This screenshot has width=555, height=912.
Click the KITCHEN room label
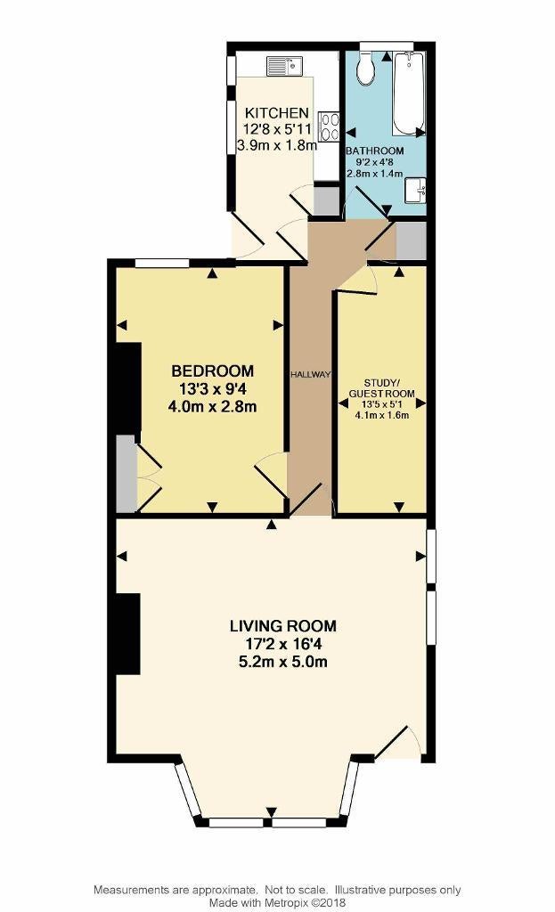tap(276, 112)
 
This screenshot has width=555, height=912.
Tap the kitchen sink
tap(284, 66)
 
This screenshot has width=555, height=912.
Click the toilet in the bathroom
tap(366, 67)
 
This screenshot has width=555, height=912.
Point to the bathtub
tap(409, 93)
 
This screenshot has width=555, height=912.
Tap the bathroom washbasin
tap(416, 191)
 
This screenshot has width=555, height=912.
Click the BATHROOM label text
tap(375, 151)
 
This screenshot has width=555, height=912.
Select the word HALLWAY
tap(311, 375)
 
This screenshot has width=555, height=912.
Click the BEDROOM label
tap(212, 370)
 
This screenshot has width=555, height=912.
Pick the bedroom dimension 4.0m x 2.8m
tap(212, 406)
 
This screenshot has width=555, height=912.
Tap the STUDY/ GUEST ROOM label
tap(381, 388)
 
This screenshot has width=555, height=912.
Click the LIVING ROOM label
tap(283, 626)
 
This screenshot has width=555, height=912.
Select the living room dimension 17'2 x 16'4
tap(283, 644)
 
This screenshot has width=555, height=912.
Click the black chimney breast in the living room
tap(128, 633)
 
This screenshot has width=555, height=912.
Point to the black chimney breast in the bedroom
tap(128, 390)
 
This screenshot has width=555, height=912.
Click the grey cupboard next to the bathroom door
tap(412, 240)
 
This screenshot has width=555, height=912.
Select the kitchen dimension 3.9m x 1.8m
tap(277, 145)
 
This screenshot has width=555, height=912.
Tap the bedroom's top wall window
tap(162, 263)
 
